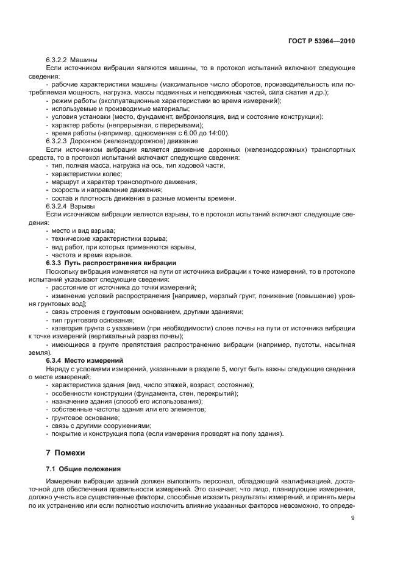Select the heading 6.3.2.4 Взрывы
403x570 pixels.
(x=66, y=207)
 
